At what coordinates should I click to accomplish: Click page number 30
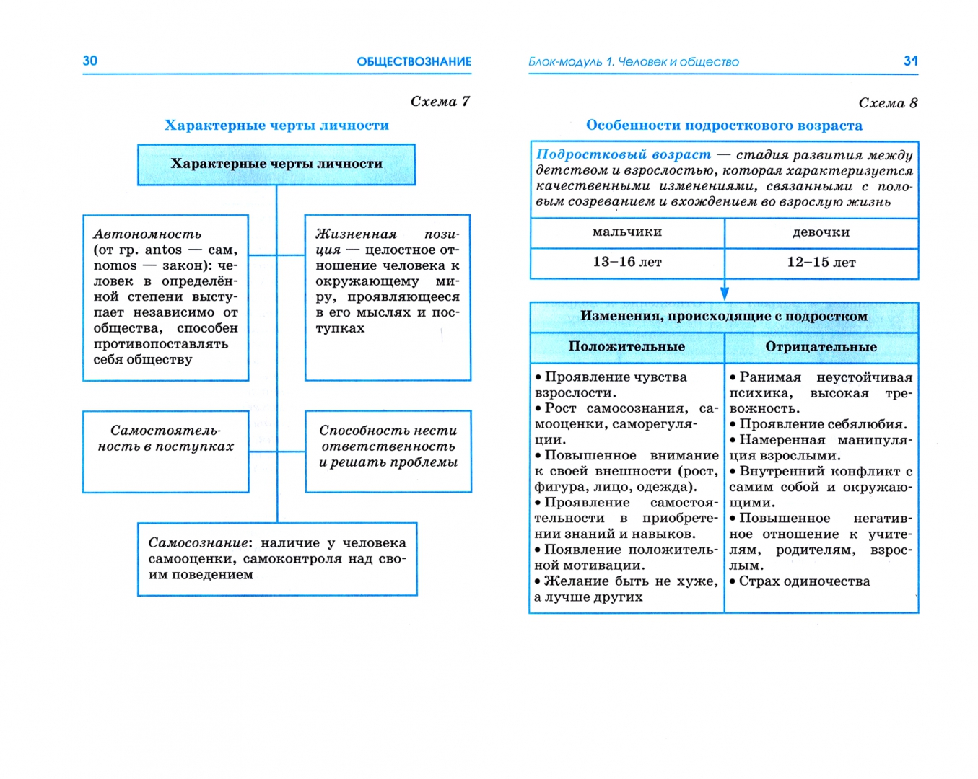point(90,61)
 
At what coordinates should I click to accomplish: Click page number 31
point(910,61)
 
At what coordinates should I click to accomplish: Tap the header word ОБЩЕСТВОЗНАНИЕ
point(414,62)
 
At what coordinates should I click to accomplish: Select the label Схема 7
point(440,102)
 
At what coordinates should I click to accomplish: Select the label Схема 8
point(888,103)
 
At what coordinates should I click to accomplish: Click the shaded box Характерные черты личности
point(276,164)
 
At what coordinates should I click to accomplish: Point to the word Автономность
point(147,234)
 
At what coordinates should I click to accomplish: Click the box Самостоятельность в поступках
point(166,452)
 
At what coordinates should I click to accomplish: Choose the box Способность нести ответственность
point(388,452)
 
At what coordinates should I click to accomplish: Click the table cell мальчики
point(626,232)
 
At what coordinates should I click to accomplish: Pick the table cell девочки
point(821,232)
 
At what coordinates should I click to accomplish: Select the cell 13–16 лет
point(626,263)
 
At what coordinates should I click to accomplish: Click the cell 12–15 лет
point(821,263)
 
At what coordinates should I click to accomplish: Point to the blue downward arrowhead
point(724,293)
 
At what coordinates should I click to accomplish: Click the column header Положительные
point(626,347)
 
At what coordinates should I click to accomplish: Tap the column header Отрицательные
point(821,347)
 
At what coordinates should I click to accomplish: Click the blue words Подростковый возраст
point(624,155)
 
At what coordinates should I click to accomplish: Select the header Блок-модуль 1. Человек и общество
point(634,62)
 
